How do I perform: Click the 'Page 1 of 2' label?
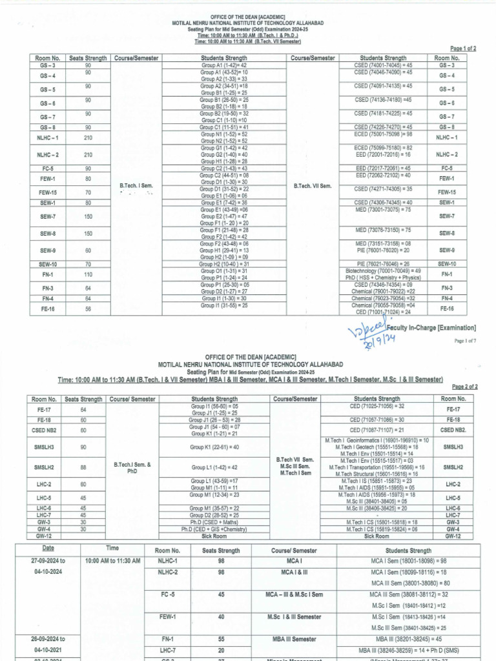463,48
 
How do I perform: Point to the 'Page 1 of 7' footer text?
464,341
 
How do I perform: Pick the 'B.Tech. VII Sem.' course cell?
313,186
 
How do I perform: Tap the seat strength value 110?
88,274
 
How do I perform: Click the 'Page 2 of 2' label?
463,387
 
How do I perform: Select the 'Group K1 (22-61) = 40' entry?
214,447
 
